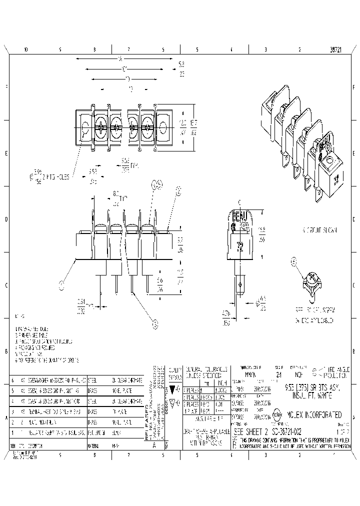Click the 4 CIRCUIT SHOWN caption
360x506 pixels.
320,230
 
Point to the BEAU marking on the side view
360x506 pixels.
239,216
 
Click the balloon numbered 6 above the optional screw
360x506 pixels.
294,261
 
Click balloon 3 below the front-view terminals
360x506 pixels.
155,324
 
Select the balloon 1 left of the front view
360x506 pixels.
62,285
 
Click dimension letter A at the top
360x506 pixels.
120,58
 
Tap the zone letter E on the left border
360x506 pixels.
6,153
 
